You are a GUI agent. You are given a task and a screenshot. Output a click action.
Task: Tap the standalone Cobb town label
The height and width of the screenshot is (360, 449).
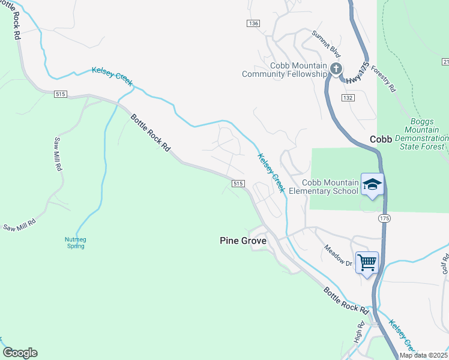click(381, 139)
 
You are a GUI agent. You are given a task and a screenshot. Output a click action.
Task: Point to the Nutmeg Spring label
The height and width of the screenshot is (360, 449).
click(75, 242)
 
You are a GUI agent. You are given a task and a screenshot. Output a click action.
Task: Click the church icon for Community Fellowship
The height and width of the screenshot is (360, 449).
click(336, 68)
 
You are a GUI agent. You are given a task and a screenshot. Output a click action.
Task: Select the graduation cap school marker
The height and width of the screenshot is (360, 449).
click(372, 184)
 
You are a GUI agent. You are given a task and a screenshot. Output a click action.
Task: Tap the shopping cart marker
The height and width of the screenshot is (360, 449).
click(367, 262)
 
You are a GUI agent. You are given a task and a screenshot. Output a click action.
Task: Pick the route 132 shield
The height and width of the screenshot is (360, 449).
click(348, 97)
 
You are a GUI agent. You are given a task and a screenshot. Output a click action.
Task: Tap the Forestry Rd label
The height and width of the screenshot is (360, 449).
click(384, 79)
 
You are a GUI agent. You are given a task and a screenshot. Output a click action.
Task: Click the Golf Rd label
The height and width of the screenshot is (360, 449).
click(445, 262)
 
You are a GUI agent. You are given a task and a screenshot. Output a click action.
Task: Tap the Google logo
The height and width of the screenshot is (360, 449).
click(20, 353)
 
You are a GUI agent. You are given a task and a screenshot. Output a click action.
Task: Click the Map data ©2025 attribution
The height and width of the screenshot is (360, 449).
click(423, 355)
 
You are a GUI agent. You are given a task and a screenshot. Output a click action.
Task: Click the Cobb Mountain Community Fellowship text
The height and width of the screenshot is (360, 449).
click(285, 70)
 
